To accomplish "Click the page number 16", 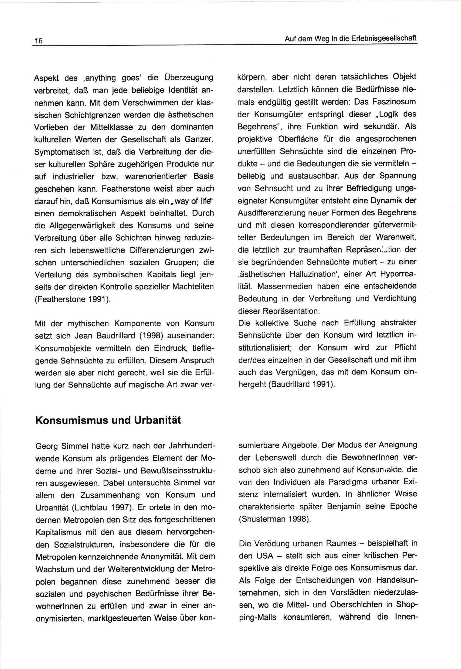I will pyautogui.click(x=38, y=41).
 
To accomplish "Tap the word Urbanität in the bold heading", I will pyautogui.click(x=157, y=420).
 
